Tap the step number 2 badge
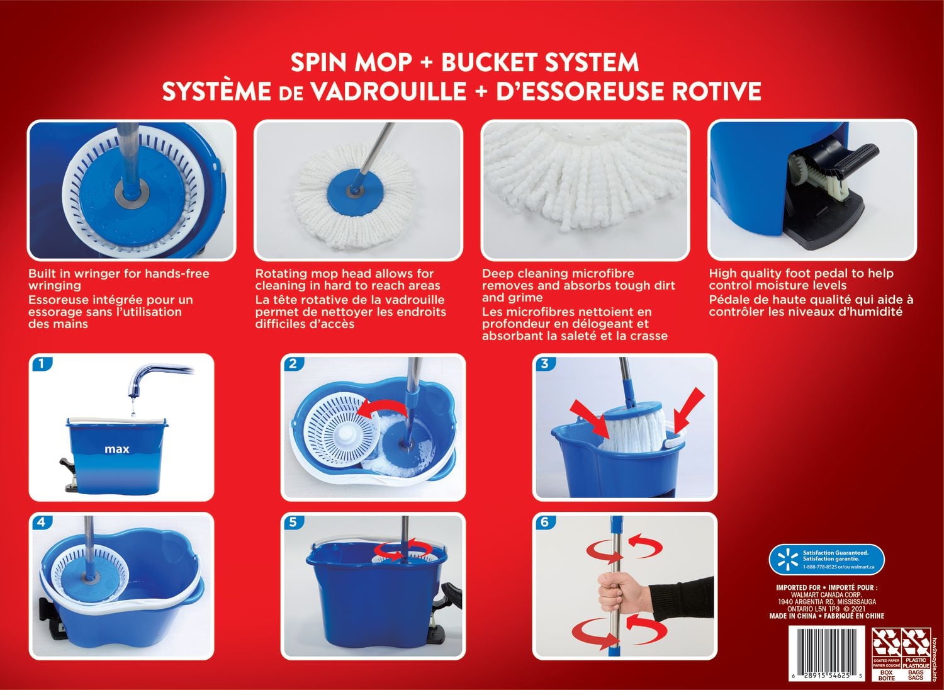293,364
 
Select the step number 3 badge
545,364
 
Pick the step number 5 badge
293,523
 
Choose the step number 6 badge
545,523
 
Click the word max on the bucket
117,449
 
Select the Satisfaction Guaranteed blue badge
826,560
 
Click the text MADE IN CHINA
792,616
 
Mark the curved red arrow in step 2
380,409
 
